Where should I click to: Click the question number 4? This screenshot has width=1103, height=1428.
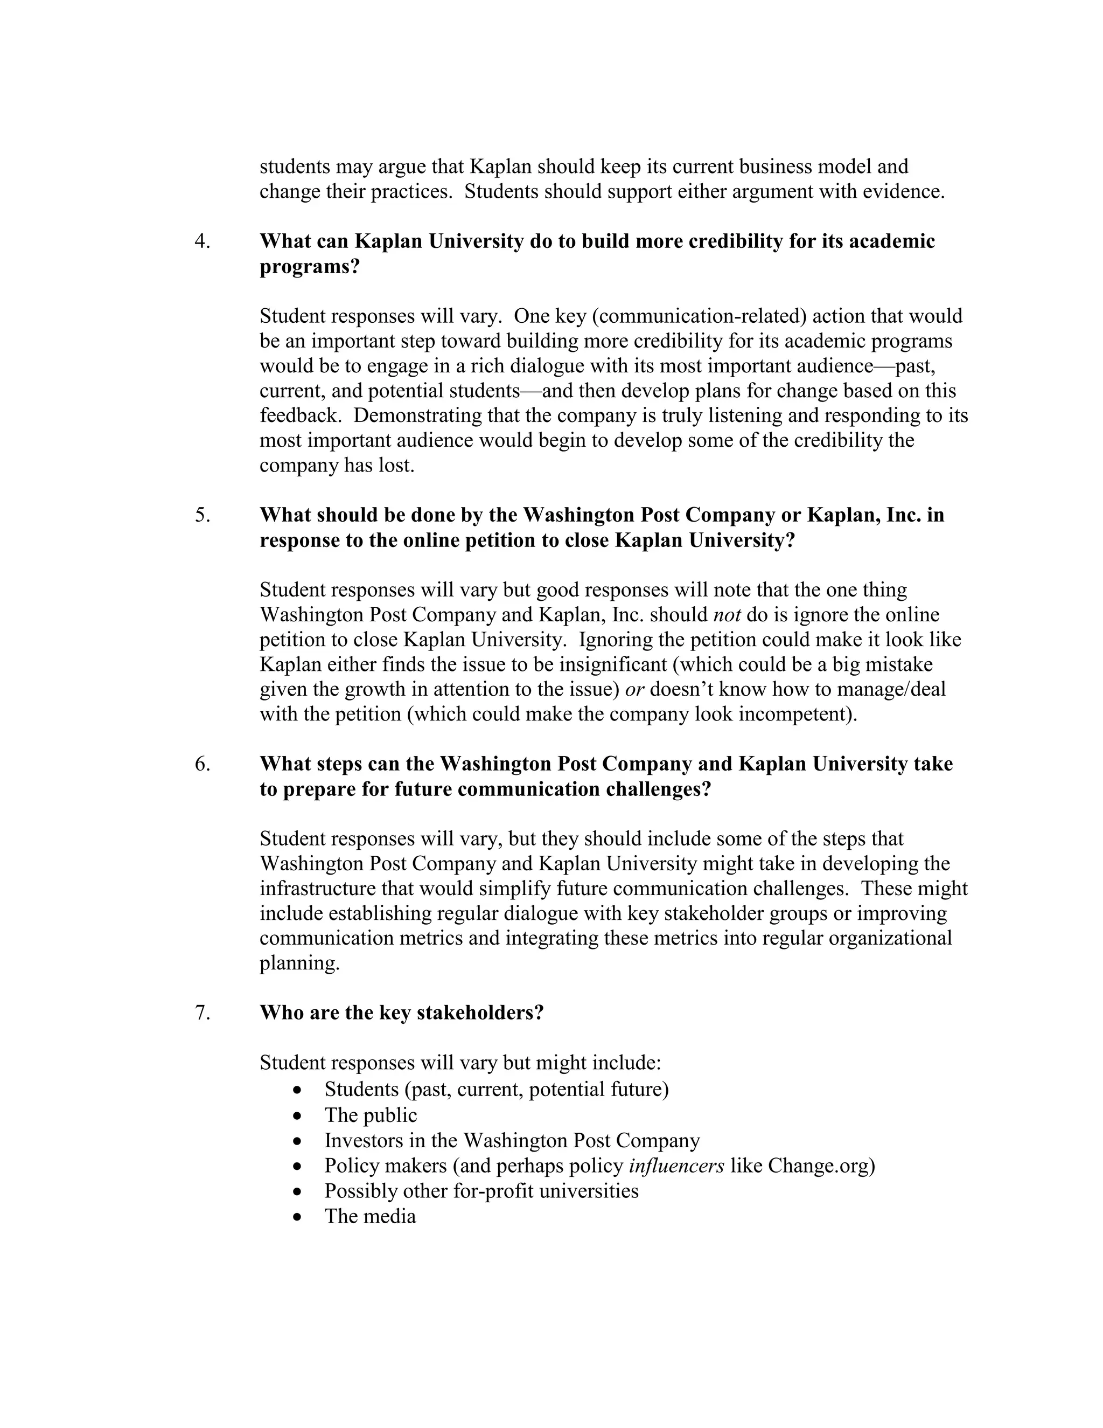click(202, 241)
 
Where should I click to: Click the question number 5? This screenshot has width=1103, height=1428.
click(202, 515)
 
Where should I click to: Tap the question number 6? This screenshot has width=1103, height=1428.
click(202, 764)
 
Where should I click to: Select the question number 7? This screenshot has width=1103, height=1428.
click(202, 1013)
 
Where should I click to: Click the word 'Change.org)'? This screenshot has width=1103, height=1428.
click(821, 1166)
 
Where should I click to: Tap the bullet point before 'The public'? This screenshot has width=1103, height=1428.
click(298, 1116)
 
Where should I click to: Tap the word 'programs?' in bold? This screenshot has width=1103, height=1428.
click(310, 267)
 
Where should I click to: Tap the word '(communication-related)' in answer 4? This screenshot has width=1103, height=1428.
click(700, 316)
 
